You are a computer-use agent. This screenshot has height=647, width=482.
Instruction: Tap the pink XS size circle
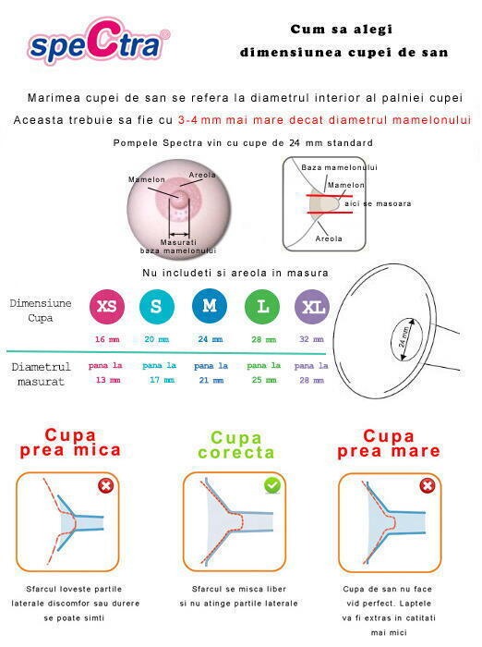[x=107, y=307]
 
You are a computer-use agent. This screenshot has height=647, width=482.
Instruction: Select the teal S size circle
[x=157, y=307]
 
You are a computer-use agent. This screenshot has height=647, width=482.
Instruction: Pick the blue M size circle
[x=210, y=307]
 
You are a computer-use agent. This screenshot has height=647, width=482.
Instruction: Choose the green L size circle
[x=263, y=307]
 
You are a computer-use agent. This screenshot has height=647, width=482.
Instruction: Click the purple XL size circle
[x=311, y=307]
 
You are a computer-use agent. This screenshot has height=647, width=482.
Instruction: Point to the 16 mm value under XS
[x=107, y=339]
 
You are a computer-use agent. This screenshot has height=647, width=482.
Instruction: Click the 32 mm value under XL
[x=311, y=339]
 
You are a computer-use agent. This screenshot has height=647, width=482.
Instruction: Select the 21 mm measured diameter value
[x=210, y=380]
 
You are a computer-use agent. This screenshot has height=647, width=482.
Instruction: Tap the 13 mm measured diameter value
[x=107, y=380]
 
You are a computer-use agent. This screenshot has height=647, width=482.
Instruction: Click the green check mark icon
[x=272, y=485]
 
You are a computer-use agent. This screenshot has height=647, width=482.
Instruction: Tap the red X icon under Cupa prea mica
[x=106, y=485]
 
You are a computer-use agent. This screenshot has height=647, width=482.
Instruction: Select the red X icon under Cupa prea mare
[x=428, y=485]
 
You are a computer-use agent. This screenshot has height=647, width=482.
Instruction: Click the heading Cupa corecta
[x=236, y=445]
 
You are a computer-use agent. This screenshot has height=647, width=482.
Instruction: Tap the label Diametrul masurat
[x=42, y=374]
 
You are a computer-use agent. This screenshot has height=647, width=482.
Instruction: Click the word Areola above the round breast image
[x=202, y=175]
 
